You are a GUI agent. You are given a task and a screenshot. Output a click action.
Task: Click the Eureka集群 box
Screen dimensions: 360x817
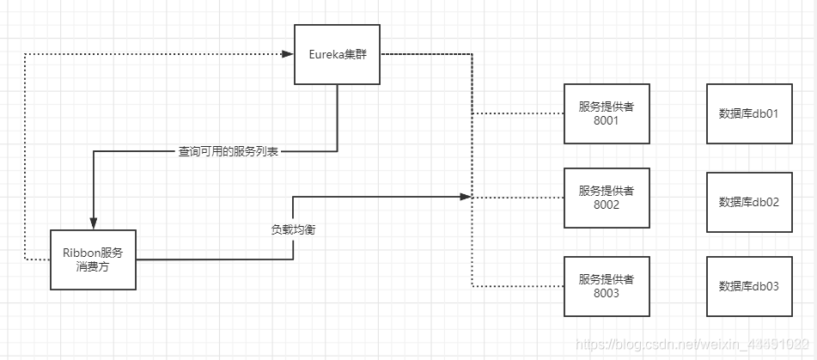click(x=338, y=54)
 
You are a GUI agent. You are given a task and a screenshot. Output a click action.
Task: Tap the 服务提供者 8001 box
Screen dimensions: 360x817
click(x=607, y=113)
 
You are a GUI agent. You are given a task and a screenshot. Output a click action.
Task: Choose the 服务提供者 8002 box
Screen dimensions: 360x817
click(x=607, y=198)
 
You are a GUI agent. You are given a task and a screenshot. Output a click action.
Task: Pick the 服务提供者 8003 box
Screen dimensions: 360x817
click(x=607, y=286)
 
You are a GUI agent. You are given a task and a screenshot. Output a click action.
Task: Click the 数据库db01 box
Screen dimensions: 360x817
click(x=748, y=113)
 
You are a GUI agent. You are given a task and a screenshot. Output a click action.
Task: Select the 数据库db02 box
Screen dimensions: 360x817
click(x=748, y=202)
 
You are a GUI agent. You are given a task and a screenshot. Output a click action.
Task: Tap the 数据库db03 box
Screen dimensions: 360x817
click(x=748, y=286)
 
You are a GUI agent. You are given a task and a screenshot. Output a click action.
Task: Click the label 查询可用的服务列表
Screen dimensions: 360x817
click(x=229, y=151)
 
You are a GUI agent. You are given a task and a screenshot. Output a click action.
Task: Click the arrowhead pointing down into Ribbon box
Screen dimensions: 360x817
click(x=93, y=224)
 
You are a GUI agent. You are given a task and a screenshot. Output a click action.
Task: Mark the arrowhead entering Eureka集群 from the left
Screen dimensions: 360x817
click(x=288, y=54)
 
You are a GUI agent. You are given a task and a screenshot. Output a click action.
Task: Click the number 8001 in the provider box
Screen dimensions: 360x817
click(x=607, y=121)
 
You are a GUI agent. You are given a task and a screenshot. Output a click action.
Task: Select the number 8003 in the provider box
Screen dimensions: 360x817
click(x=607, y=294)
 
